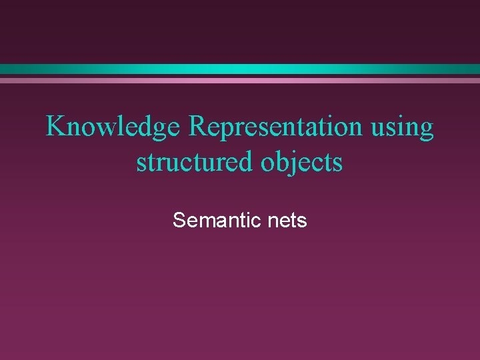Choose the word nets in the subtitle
(x=289, y=221)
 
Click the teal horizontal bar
(x=240, y=69)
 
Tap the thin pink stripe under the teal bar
(x=240, y=81)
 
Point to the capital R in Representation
(x=199, y=126)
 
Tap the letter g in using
(x=425, y=130)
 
